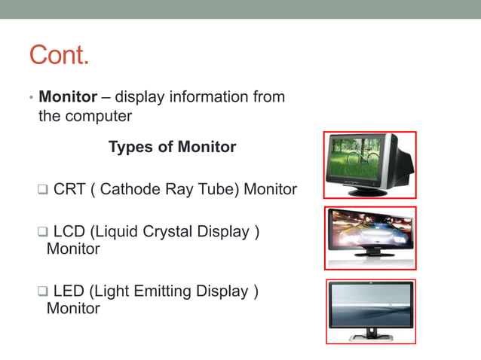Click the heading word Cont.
(59, 55)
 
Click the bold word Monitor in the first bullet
(68, 97)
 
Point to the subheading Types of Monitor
(172, 147)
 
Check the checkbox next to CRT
(43, 189)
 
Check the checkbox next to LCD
(43, 232)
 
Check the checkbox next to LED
(43, 291)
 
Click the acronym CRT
(69, 189)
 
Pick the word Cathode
(129, 189)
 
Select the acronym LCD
(69, 232)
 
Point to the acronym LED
(69, 291)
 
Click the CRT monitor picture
(369, 164)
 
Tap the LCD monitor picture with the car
(369, 236)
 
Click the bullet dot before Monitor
(31, 99)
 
